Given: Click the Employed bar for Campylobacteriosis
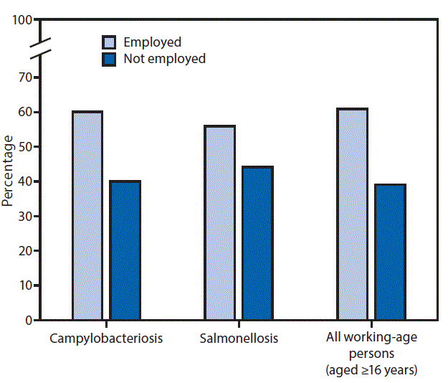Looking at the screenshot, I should [x=87, y=215].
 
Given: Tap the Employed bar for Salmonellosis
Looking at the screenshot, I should [x=219, y=222].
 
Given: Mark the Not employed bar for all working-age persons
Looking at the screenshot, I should [x=390, y=252].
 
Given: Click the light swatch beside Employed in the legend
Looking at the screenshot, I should [x=110, y=42].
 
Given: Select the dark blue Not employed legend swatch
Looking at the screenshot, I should [x=110, y=59].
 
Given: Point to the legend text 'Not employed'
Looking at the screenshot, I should [x=164, y=59].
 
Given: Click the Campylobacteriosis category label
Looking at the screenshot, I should [x=106, y=337].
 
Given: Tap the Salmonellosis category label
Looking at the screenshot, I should [x=238, y=337].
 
